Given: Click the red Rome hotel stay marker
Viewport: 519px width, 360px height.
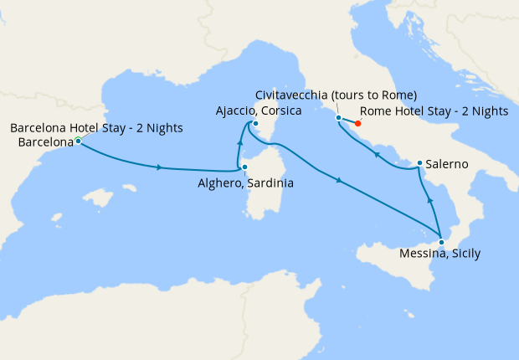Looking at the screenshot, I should (x=358, y=125).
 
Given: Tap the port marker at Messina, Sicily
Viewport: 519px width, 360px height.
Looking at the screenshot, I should (x=441, y=243).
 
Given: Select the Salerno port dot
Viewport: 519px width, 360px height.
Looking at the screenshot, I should (x=419, y=163).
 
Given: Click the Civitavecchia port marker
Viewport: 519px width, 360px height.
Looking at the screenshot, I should (x=338, y=118).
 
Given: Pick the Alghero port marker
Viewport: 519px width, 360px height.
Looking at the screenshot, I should (x=244, y=167).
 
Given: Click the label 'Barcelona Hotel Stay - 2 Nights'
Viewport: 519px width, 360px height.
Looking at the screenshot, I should (x=96, y=128).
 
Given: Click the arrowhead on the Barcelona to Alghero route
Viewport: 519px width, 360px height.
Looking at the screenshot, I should (x=158, y=167).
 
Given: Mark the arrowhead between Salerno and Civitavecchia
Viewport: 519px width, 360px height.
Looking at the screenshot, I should (x=376, y=155).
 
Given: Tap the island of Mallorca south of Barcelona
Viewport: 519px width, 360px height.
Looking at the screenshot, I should (x=100, y=199).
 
